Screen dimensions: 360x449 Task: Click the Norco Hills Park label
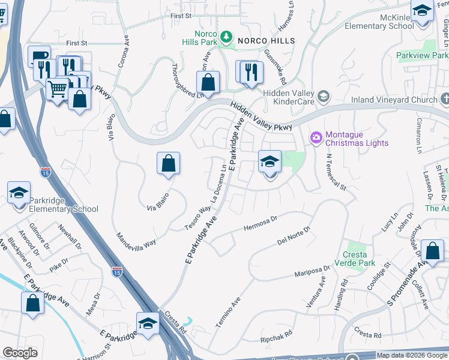click(200, 38)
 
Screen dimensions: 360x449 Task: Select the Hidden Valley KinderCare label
click(291, 97)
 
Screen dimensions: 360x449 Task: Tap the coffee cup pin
click(40, 56)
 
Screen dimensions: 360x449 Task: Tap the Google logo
click(20, 353)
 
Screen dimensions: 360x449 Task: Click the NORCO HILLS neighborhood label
click(267, 40)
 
